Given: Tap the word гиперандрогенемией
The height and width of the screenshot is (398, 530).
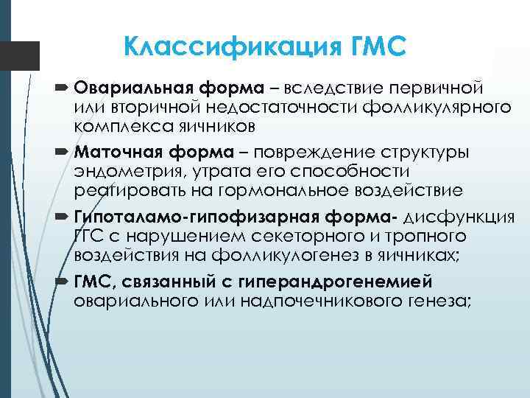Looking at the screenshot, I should [x=344, y=282].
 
